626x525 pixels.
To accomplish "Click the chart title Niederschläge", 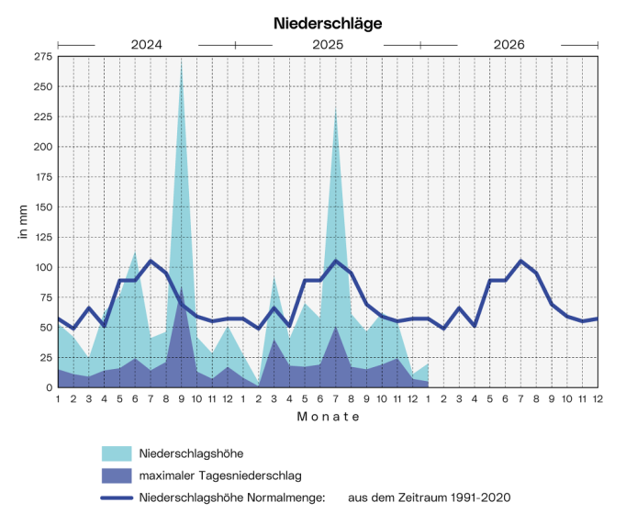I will [x=328, y=22].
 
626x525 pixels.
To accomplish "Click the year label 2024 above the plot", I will [x=147, y=44].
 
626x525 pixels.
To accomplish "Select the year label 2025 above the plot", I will [x=328, y=44].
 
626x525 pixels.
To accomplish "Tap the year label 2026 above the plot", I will [x=509, y=44].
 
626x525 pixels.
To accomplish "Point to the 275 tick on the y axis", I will [x=42, y=57].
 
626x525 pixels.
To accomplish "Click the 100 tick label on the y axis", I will [x=42, y=267].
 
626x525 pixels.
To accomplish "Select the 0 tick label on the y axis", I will [x=48, y=387].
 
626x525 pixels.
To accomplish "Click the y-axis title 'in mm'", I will [x=22, y=222].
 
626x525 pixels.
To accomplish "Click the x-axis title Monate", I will [x=328, y=417].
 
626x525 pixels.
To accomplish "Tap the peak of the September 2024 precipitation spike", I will [x=182, y=62].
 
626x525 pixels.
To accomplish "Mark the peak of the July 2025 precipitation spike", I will [x=336, y=108].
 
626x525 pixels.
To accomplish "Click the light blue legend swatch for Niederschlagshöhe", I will [x=116, y=453].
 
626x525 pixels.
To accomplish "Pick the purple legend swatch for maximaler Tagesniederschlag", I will [x=116, y=475].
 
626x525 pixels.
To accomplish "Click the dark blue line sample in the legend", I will [x=116, y=497].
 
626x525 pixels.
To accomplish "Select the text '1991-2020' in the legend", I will [x=482, y=497].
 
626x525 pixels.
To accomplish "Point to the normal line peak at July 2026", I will [x=521, y=261].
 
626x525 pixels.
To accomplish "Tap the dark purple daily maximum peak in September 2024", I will [x=182, y=288].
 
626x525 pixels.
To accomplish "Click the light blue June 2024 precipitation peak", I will [x=135, y=251].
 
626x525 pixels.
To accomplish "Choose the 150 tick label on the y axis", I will [x=42, y=207].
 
